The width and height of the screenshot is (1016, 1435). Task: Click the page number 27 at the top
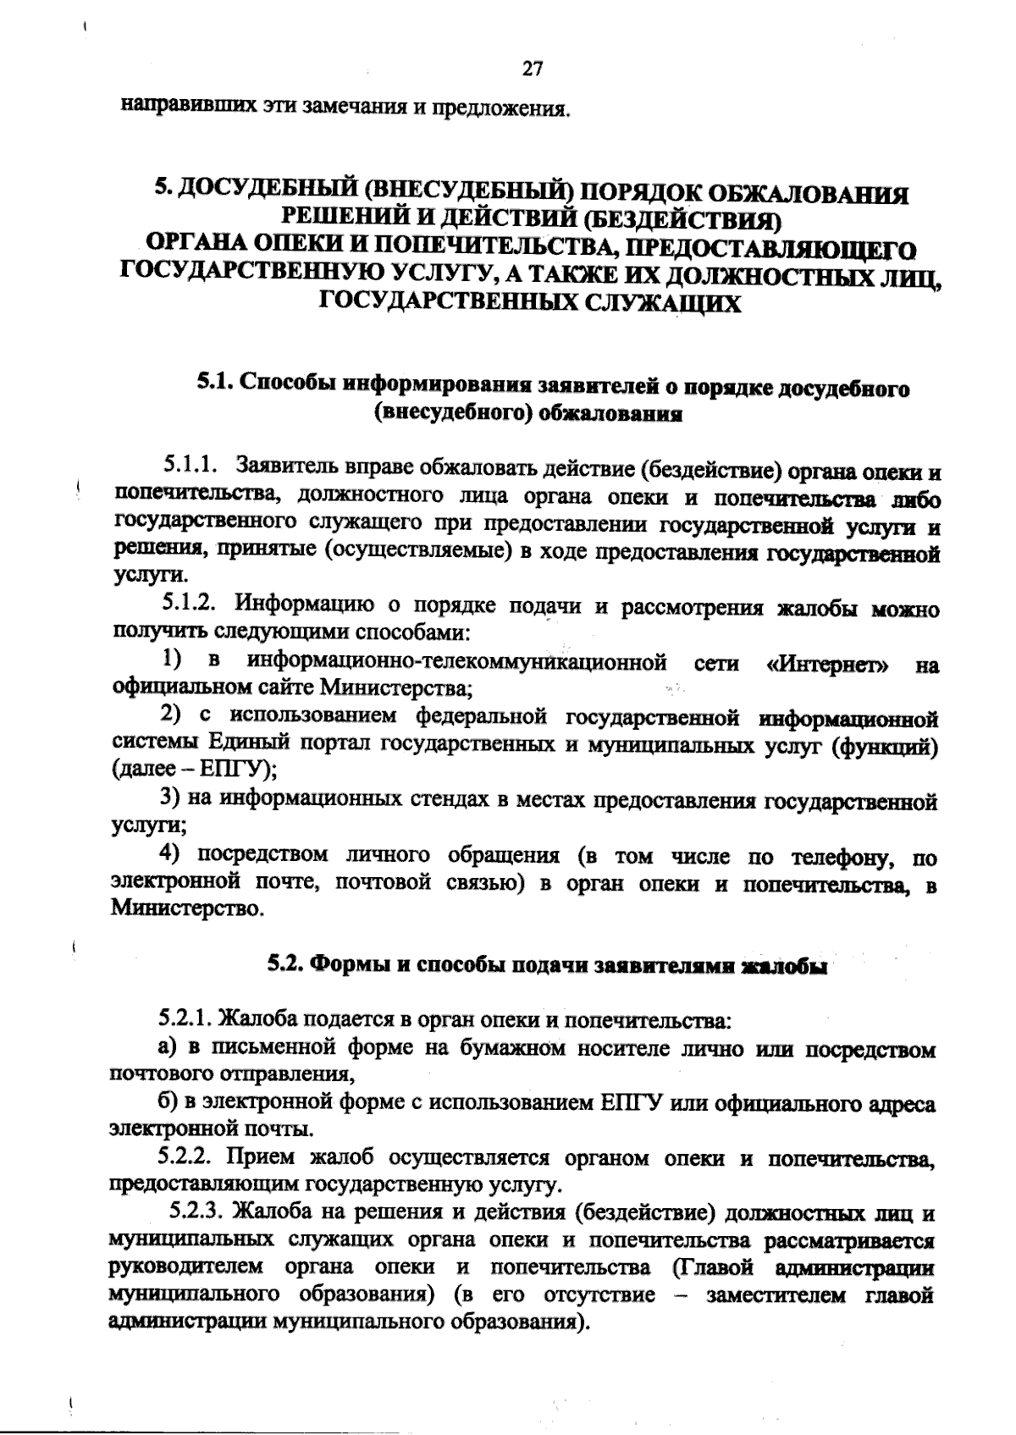(533, 69)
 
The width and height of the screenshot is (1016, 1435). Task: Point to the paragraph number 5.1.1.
(192, 466)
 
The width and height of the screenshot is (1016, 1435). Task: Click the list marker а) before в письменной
(168, 1049)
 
